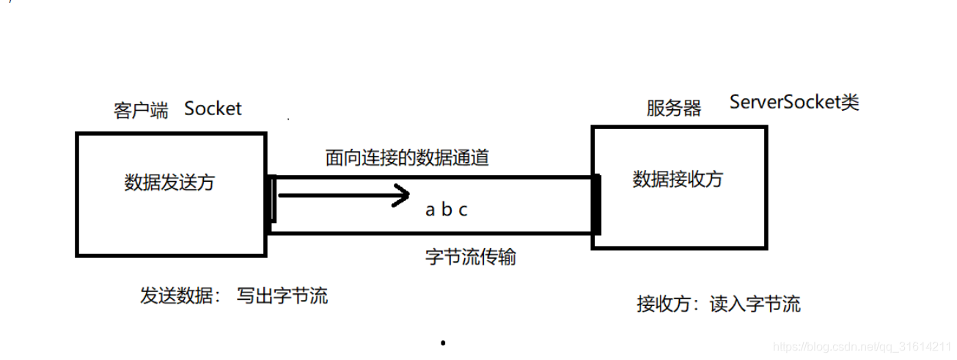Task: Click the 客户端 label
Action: pyautogui.click(x=140, y=111)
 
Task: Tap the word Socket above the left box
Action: pyautogui.click(x=213, y=109)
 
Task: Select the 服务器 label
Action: pyautogui.click(x=673, y=109)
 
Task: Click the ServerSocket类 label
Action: pyautogui.click(x=793, y=102)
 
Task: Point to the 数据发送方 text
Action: pyautogui.click(x=170, y=183)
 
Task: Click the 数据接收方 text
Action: pyautogui.click(x=678, y=179)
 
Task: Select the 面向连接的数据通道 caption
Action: pyautogui.click(x=407, y=158)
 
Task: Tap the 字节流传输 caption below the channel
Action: pyautogui.click(x=470, y=257)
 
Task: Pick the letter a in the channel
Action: pyautogui.click(x=430, y=210)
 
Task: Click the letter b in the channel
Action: pyautogui.click(x=446, y=210)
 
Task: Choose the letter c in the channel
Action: pyautogui.click(x=463, y=210)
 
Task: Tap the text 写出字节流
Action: pyautogui.click(x=282, y=295)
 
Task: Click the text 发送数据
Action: pyautogui.click(x=175, y=295)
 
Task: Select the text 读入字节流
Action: pyautogui.click(x=755, y=304)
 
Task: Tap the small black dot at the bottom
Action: pyautogui.click(x=443, y=342)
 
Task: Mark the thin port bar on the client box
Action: pyautogui.click(x=274, y=199)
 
